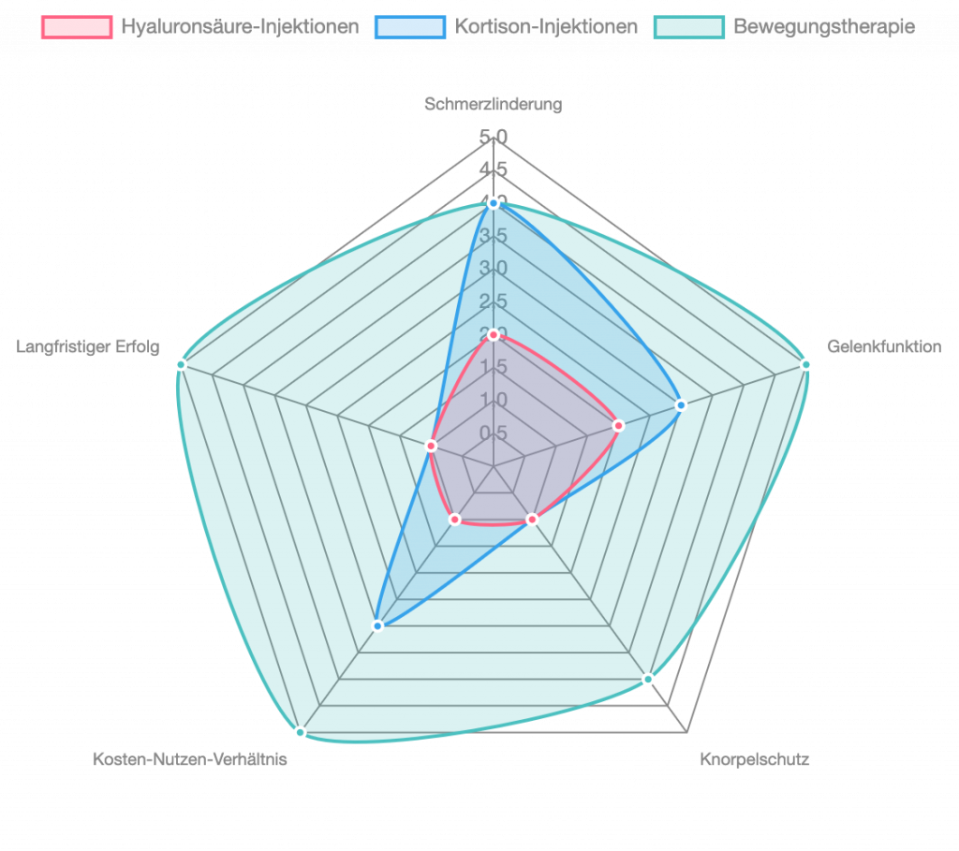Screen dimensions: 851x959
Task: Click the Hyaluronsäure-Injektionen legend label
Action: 240,27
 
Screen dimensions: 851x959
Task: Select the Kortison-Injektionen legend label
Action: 546,27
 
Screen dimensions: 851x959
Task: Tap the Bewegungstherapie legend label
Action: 824,27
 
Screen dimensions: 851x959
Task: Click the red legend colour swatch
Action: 77,27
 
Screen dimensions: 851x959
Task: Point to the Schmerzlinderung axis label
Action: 494,105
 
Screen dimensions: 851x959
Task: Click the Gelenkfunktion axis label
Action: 884,347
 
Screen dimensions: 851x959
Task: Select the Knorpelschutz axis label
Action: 754,759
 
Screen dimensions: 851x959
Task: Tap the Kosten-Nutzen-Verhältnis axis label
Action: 189,759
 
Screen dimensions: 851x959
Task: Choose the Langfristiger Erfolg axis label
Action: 88,347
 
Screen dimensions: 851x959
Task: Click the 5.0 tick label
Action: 494,138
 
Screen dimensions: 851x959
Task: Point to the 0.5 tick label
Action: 494,433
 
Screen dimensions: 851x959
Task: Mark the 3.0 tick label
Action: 494,269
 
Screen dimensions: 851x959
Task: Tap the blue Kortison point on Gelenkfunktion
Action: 681,405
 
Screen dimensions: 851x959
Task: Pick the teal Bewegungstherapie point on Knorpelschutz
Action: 648,679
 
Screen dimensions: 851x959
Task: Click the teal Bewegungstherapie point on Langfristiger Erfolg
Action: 181,364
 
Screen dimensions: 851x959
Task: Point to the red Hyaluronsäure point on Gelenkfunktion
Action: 618,426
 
